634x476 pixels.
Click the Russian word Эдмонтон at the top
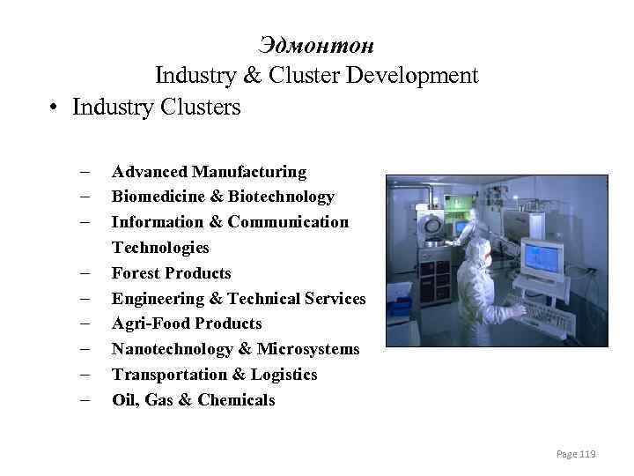point(317,44)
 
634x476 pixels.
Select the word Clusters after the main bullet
point(204,108)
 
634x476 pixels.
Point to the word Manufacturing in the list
point(249,171)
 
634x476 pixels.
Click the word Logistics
point(284,375)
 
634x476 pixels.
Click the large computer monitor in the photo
point(543,257)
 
